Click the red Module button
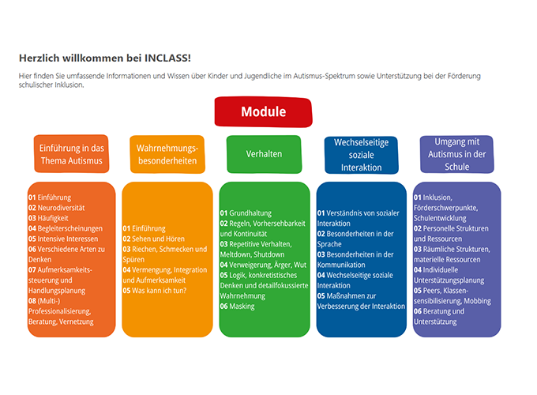click(x=263, y=112)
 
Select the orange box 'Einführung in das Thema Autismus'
click(x=72, y=154)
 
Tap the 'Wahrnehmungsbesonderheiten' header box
click(x=167, y=154)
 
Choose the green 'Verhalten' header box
click(x=264, y=154)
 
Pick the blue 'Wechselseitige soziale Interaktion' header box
click(x=362, y=155)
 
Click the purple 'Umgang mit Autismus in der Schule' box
click(x=457, y=154)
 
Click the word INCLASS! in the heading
click(x=167, y=58)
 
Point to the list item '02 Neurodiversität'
click(x=57, y=208)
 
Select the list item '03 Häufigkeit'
click(x=48, y=218)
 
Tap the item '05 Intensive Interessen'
click(x=63, y=239)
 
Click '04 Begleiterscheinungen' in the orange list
click(x=66, y=228)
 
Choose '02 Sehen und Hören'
click(x=154, y=239)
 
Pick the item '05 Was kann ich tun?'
click(x=155, y=291)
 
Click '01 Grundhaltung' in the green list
click(x=246, y=213)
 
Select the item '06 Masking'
click(x=238, y=307)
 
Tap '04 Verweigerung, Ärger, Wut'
click(x=263, y=265)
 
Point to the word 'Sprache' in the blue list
click(x=329, y=244)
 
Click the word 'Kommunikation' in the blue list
click(x=341, y=265)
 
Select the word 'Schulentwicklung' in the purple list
click(x=440, y=218)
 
